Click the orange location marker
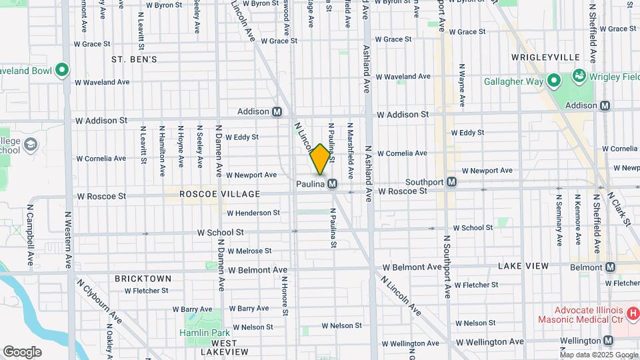[x=320, y=159]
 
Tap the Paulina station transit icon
[x=331, y=183]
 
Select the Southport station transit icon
[x=451, y=181]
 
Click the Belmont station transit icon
[x=610, y=267]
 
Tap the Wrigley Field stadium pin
[x=578, y=77]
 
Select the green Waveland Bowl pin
[x=62, y=69]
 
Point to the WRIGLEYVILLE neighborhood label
[x=545, y=57]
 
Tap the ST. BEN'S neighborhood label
[x=134, y=59]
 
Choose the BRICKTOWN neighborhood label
[x=143, y=278]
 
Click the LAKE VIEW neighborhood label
[x=523, y=266]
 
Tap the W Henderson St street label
[x=253, y=213]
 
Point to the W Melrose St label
[x=249, y=251]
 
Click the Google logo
[x=22, y=352]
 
